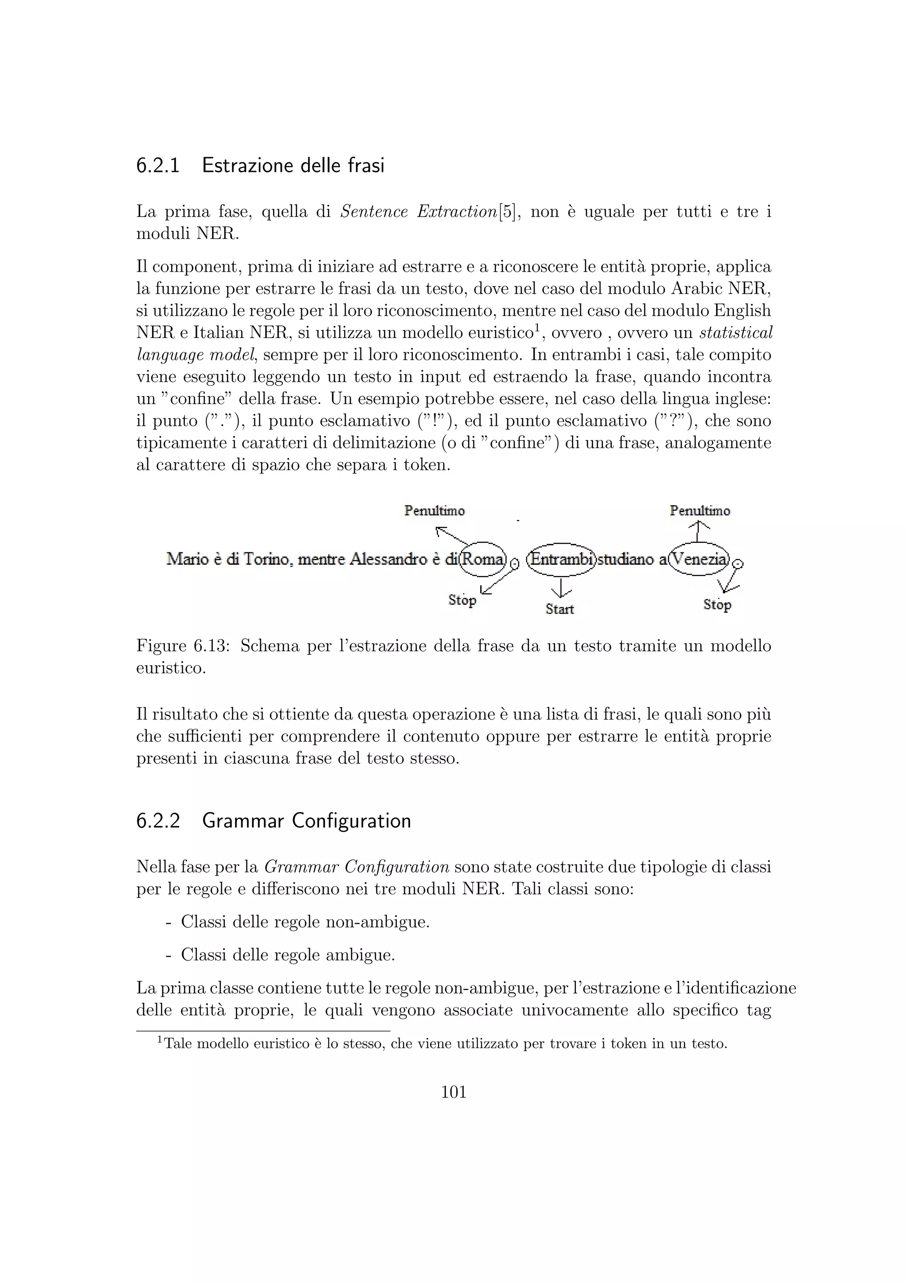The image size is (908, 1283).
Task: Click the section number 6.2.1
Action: (x=158, y=166)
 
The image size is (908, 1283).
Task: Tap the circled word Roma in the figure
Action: (x=482, y=558)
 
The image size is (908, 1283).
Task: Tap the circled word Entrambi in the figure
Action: (x=561, y=558)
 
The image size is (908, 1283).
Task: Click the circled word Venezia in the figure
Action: (x=700, y=558)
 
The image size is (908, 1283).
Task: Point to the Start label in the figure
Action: (x=560, y=609)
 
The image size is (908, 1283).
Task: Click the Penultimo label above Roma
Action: (x=434, y=511)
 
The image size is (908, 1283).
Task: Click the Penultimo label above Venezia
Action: (x=700, y=511)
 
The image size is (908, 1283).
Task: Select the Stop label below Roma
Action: (x=462, y=600)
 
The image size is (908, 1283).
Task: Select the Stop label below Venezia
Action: (x=717, y=605)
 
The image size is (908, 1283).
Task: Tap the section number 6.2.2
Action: (x=158, y=821)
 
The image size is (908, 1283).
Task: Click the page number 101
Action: (x=454, y=1092)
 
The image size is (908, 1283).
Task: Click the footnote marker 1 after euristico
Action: (x=535, y=327)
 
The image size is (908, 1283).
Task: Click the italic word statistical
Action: (x=736, y=333)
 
